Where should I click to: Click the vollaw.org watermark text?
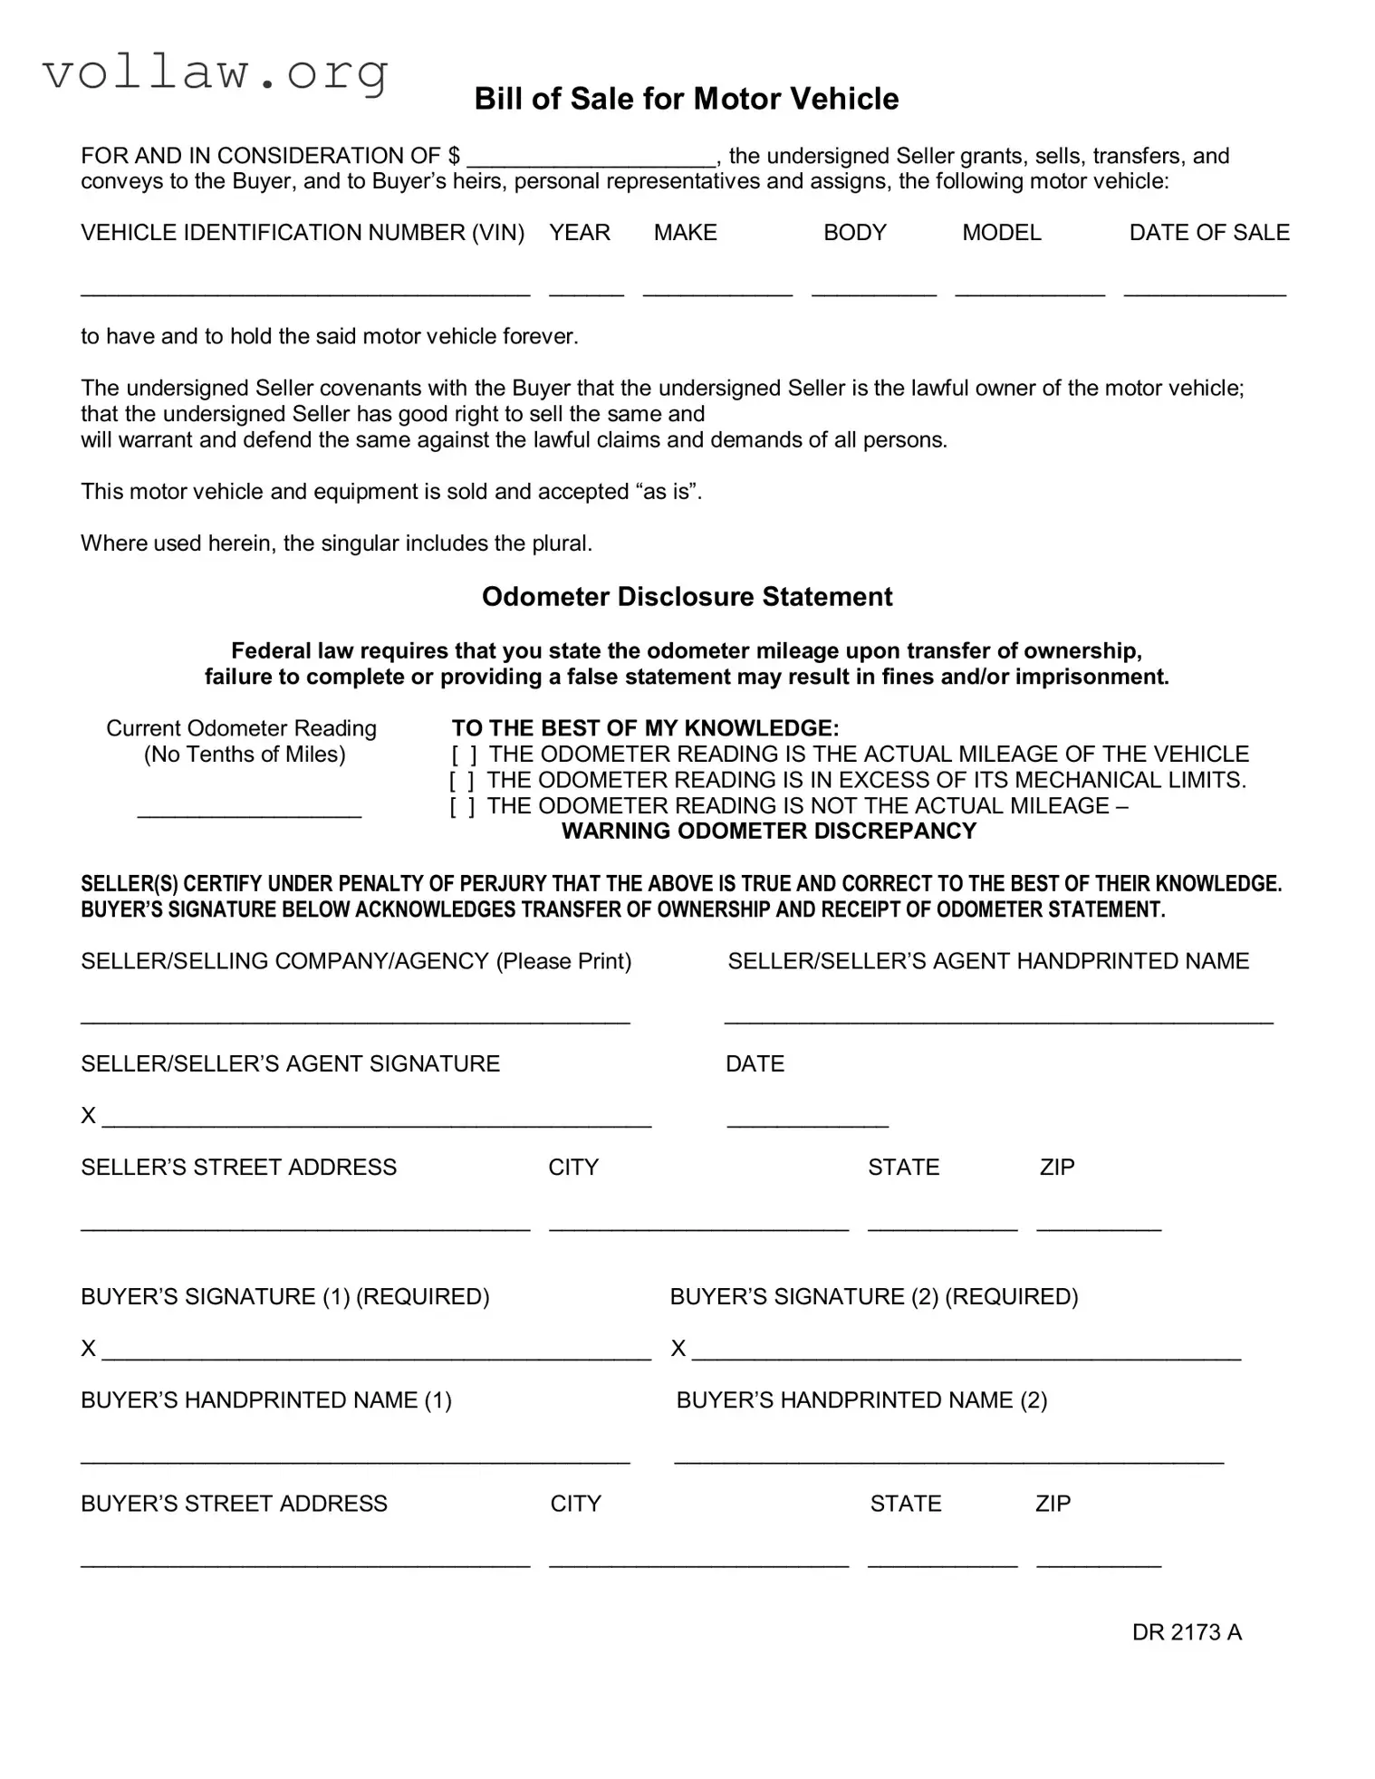click(x=216, y=72)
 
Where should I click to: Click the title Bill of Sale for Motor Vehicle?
click(x=686, y=99)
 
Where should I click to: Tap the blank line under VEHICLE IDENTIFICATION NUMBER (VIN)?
click(x=304, y=289)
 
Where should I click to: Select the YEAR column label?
click(x=579, y=233)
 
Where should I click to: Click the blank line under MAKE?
click(x=717, y=289)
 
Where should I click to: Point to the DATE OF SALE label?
click(x=1208, y=233)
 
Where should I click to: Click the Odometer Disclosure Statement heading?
click(x=687, y=597)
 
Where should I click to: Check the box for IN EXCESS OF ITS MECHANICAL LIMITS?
click(x=462, y=781)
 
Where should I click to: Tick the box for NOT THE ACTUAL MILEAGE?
click(x=462, y=806)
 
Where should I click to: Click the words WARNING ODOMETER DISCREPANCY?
click(x=768, y=832)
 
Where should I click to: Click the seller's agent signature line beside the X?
click(x=376, y=1120)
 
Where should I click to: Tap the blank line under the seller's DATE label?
click(x=807, y=1120)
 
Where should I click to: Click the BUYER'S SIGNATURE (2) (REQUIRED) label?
click(x=873, y=1296)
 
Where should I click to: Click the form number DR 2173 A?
click(x=1186, y=1632)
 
